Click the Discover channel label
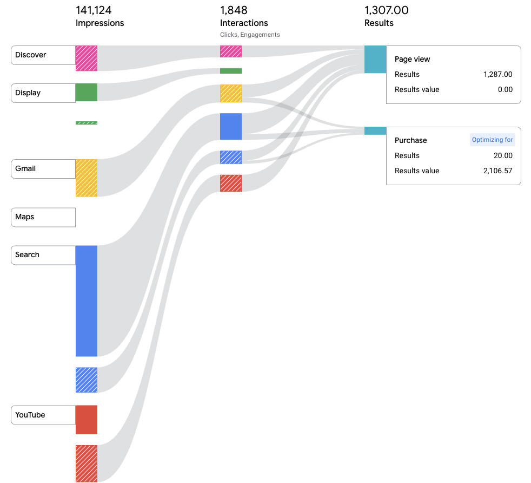(43, 55)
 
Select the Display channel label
(43, 93)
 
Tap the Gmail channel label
(43, 168)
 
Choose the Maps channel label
(43, 217)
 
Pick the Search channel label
(43, 255)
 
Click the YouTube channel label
(43, 415)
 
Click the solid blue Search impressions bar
(87, 301)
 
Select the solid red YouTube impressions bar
(87, 420)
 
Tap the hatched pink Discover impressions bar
(87, 58)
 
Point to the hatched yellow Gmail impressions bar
(87, 178)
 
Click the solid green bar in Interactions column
(231, 71)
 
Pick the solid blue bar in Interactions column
(231, 127)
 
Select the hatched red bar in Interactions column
(231, 183)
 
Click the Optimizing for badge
(493, 140)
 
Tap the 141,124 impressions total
(94, 10)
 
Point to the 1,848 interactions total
(234, 10)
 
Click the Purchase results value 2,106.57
(498, 171)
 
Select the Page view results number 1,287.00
(498, 74)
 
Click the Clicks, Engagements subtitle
(250, 35)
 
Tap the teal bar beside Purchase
(375, 130)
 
